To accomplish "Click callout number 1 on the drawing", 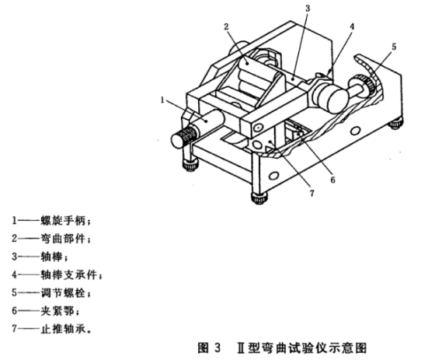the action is pyautogui.click(x=162, y=100).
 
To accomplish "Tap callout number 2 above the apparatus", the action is pyautogui.click(x=226, y=26).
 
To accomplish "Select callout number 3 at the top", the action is pyautogui.click(x=308, y=9).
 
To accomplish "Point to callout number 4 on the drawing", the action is pyautogui.click(x=352, y=26).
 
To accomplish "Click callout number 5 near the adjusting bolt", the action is pyautogui.click(x=394, y=47).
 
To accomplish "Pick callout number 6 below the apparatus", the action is pyautogui.click(x=333, y=180).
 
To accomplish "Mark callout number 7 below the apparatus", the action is pyautogui.click(x=311, y=194).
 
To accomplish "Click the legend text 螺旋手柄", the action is pyautogui.click(x=63, y=221).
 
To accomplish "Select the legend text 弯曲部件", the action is pyautogui.click(x=63, y=239).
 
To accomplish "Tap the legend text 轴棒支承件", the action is pyautogui.click(x=69, y=274).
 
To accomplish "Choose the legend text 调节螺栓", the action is pyautogui.click(x=63, y=293).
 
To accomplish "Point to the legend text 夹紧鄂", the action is pyautogui.click(x=57, y=311).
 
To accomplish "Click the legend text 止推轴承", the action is pyautogui.click(x=63, y=329).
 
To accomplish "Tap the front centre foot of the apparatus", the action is pyautogui.click(x=259, y=198).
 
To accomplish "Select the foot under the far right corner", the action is pyautogui.click(x=396, y=124).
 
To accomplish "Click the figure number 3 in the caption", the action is pyautogui.click(x=217, y=348).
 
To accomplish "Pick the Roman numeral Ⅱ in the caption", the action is pyautogui.click(x=241, y=348).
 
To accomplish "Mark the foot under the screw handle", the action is pyautogui.click(x=190, y=165).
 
